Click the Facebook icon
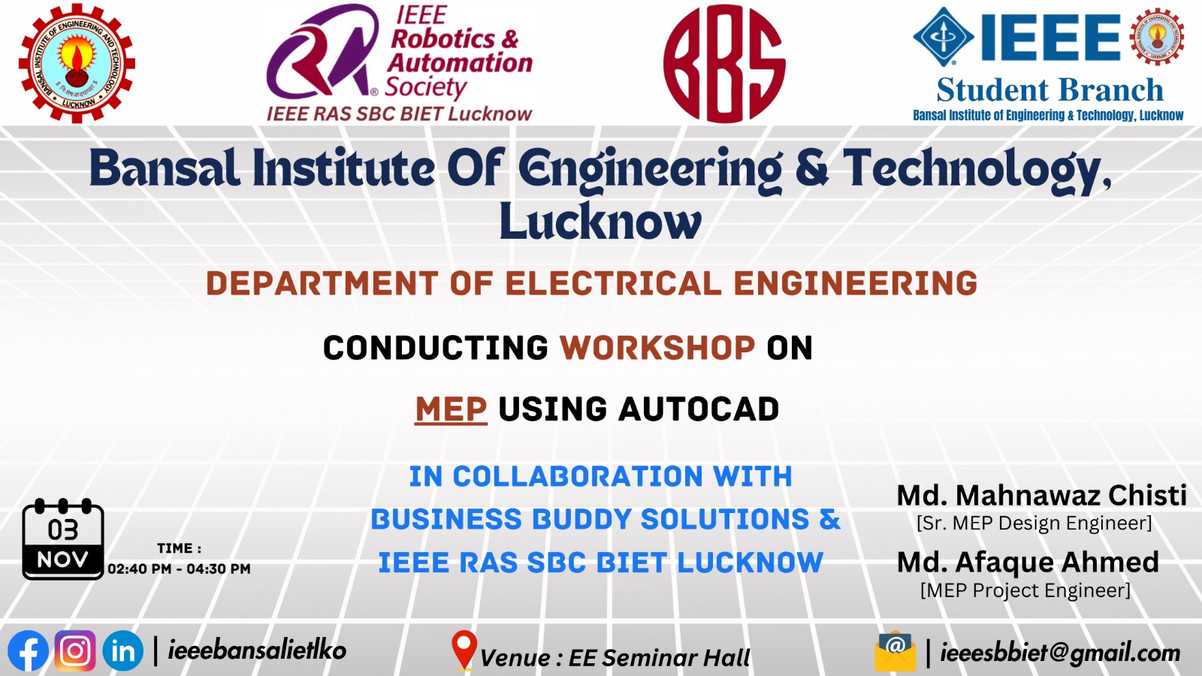(29, 650)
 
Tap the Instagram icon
(75, 650)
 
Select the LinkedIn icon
(122, 650)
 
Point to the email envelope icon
(895, 651)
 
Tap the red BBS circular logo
(724, 63)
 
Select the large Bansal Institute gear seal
(77, 63)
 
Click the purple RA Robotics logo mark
(322, 53)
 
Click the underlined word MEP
(451, 409)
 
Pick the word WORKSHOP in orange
(657, 348)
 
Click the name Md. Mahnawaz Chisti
(1041, 495)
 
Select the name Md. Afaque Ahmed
(1028, 562)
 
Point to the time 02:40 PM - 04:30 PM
(179, 569)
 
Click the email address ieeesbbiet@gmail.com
(1060, 653)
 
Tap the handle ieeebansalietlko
(257, 650)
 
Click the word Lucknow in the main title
(600, 222)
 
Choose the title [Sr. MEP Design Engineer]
(1034, 523)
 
